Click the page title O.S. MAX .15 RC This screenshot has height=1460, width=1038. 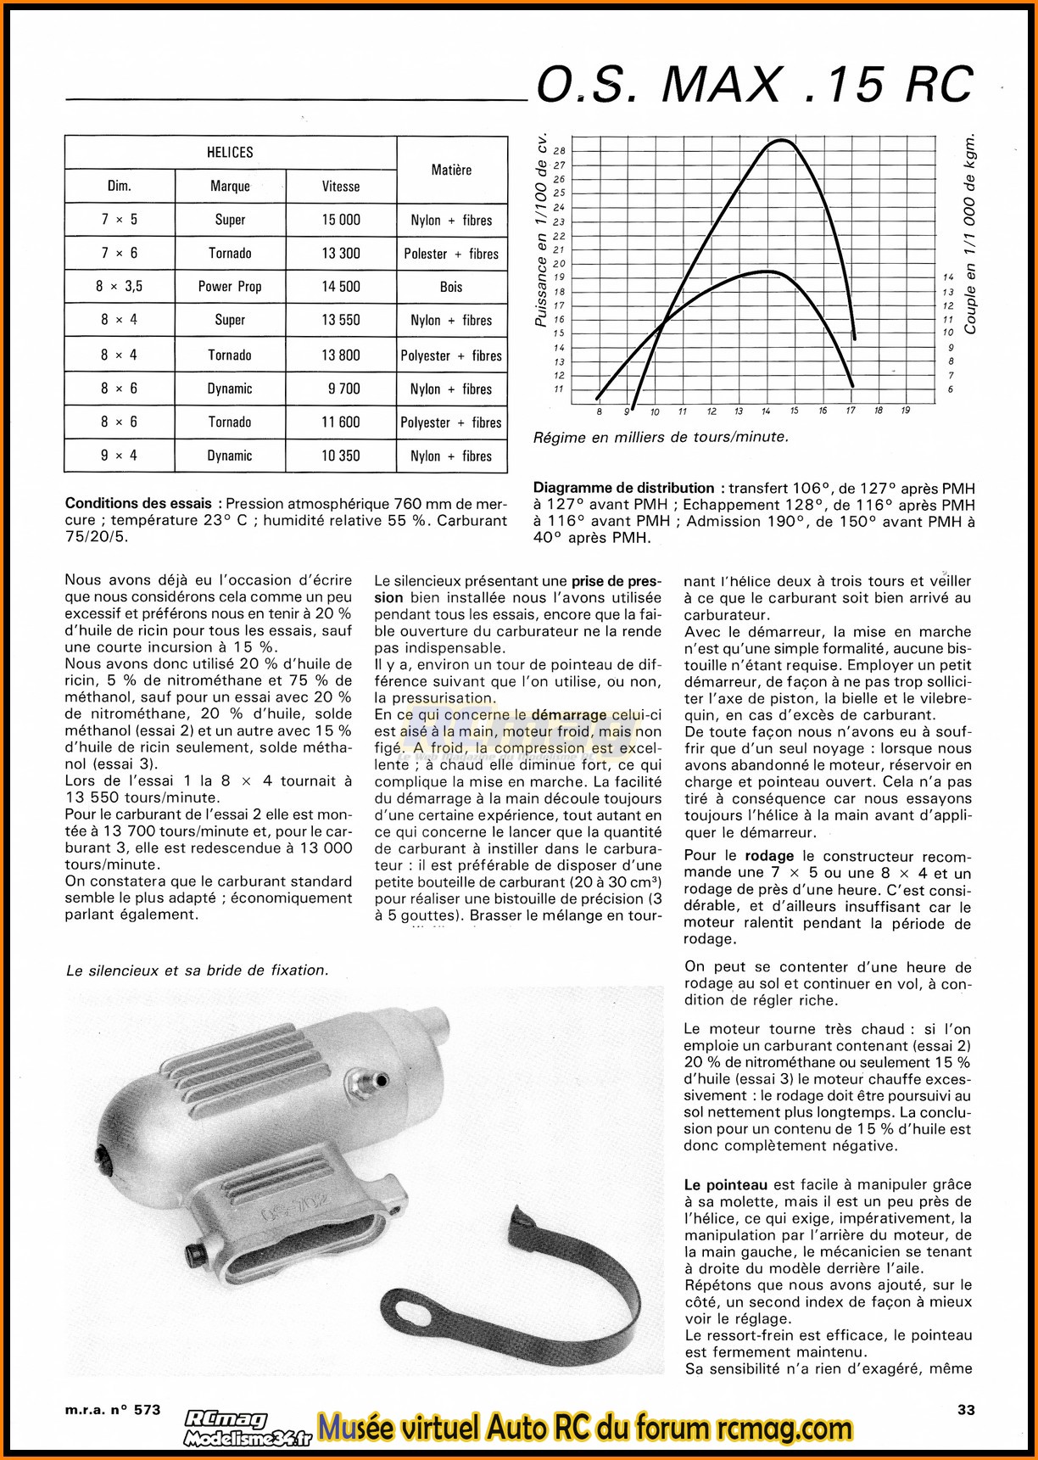(755, 85)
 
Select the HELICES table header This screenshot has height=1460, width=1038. (230, 153)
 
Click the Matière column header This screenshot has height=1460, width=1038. (451, 170)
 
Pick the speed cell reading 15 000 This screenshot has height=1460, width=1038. (341, 220)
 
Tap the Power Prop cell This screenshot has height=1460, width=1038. (230, 287)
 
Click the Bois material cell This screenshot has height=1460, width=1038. (451, 287)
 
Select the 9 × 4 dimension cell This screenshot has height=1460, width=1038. (119, 456)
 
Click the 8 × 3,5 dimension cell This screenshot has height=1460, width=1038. (119, 287)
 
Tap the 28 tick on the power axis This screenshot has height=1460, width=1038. (559, 151)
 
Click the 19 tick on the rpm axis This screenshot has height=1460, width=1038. (906, 411)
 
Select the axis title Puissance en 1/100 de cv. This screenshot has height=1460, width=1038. (541, 231)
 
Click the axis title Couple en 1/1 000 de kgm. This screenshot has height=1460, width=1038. (970, 233)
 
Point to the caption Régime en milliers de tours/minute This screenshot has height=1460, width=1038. (661, 438)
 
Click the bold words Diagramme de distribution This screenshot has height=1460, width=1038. (623, 488)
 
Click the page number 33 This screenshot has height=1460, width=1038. (966, 1410)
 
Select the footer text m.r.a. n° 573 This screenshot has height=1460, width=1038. (112, 1410)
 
